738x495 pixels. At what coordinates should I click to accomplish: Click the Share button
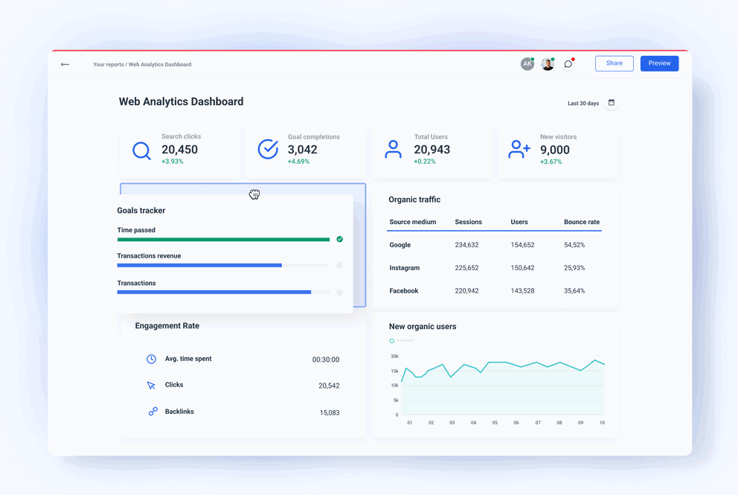[614, 63]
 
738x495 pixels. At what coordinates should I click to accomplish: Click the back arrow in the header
[65, 65]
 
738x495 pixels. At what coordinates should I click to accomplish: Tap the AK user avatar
[527, 64]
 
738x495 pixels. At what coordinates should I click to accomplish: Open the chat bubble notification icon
[568, 64]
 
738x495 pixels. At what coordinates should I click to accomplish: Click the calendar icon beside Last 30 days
[612, 103]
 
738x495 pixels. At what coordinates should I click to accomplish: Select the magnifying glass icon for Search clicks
[141, 150]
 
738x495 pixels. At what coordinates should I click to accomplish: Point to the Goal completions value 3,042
[302, 150]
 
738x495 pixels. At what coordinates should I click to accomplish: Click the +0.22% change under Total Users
[425, 162]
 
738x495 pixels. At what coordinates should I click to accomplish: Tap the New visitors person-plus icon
[519, 150]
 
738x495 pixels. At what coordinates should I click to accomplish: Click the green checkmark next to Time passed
[339, 240]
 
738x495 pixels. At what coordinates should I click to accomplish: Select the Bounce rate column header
[581, 222]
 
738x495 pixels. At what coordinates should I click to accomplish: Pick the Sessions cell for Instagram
[466, 268]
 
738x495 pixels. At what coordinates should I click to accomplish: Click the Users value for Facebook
[522, 291]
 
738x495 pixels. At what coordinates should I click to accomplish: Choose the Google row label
[400, 245]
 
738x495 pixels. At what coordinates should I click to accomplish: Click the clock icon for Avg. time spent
[151, 359]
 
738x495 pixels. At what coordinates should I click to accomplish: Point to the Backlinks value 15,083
[329, 412]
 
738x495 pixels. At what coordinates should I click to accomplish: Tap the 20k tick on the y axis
[394, 357]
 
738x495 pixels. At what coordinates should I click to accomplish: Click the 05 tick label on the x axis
[495, 423]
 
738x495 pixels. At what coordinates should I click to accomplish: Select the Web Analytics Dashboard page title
[181, 102]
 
